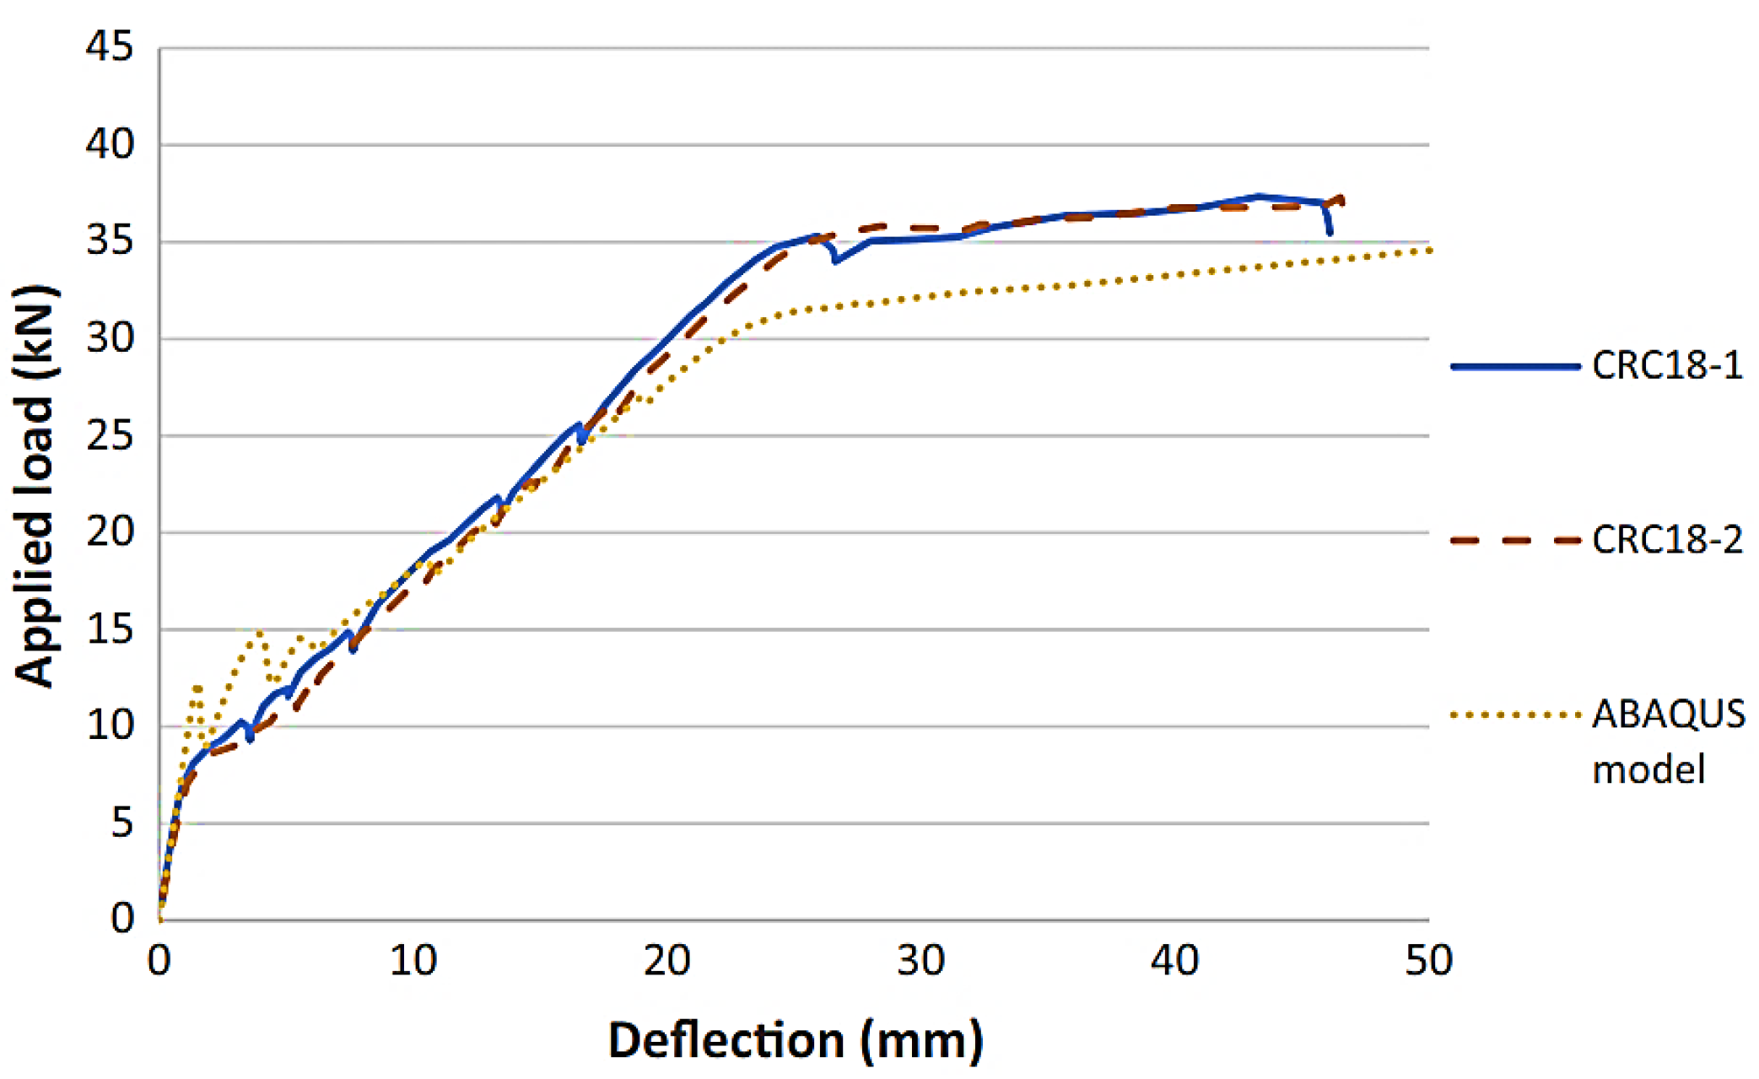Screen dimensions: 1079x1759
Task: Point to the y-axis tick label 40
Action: click(110, 144)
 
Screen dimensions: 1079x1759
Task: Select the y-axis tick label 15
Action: click(110, 629)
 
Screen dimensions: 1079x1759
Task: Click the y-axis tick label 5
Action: click(122, 823)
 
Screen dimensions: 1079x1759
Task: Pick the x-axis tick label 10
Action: click(413, 961)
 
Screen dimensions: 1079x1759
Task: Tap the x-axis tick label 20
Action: click(666, 961)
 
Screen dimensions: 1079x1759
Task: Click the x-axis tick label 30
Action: click(920, 961)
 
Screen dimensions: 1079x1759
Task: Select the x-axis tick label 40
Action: click(1174, 961)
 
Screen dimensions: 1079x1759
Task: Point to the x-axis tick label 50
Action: click(1428, 961)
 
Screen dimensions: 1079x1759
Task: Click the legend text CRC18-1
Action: click(1667, 366)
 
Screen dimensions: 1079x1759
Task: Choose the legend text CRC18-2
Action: click(1667, 540)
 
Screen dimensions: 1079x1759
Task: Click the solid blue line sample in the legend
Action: click(1514, 366)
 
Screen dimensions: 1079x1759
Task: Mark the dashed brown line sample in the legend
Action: click(1514, 540)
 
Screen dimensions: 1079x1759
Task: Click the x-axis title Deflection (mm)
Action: click(796, 1039)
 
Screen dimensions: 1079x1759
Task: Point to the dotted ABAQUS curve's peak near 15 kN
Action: click(259, 631)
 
